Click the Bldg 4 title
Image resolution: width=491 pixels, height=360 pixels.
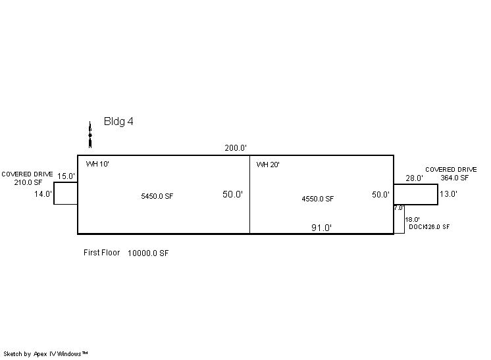click(118, 122)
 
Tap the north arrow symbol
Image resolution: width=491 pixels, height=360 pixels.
click(90, 135)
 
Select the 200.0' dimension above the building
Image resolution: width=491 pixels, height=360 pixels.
click(236, 148)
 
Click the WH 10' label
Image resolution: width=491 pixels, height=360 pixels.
click(97, 164)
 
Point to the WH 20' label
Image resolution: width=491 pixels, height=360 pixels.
click(268, 165)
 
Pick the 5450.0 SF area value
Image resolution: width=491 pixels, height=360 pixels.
click(157, 196)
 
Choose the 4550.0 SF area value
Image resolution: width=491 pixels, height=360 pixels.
click(317, 199)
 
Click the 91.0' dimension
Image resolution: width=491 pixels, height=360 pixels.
click(321, 228)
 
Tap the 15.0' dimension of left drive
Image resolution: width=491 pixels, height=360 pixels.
click(66, 176)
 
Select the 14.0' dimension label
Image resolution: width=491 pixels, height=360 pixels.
click(43, 194)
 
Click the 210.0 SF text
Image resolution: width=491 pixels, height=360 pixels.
click(28, 182)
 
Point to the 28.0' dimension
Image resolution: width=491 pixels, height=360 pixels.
click(414, 178)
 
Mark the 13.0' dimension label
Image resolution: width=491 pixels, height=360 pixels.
click(448, 194)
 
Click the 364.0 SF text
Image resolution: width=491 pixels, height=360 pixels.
click(454, 178)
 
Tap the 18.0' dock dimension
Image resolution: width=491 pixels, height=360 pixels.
click(412, 220)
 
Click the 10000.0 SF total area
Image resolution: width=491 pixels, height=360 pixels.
click(148, 253)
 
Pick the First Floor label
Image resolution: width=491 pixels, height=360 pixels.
click(101, 253)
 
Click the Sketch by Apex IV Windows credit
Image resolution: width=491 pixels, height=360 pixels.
click(45, 354)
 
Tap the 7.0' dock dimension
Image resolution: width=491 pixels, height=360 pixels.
click(399, 208)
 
